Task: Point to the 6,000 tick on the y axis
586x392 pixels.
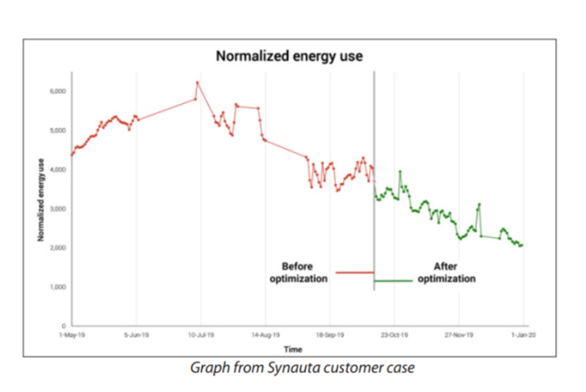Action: tap(57, 91)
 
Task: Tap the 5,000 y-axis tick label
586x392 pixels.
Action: tap(57, 130)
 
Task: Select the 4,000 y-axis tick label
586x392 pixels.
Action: tap(57, 170)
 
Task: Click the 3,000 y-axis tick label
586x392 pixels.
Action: tap(57, 209)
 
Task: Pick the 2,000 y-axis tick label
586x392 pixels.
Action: tap(57, 248)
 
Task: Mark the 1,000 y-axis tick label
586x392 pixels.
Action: tap(57, 287)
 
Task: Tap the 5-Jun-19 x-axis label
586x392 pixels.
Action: tap(136, 334)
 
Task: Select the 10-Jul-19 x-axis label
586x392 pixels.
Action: tap(201, 334)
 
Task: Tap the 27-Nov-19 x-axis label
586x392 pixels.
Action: tap(459, 334)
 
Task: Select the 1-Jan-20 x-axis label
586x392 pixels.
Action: tap(522, 334)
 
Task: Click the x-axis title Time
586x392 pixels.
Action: tap(297, 348)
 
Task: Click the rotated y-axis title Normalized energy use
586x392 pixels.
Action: tap(40, 199)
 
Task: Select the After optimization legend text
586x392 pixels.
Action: tap(446, 272)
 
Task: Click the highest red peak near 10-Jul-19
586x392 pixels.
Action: tap(198, 82)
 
